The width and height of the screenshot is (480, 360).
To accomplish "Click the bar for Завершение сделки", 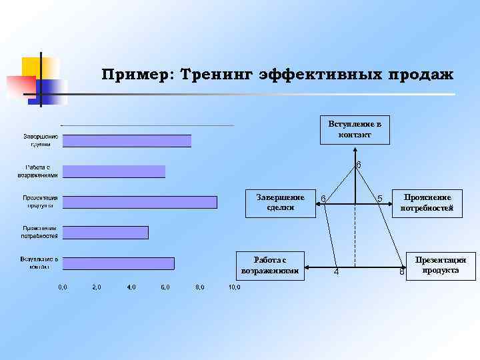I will pos(127,141).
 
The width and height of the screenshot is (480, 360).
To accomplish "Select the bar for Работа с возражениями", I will pos(114,171).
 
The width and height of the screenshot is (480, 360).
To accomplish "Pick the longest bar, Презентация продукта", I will pos(140,202).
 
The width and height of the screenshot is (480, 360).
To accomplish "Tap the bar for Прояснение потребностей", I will pos(105,233).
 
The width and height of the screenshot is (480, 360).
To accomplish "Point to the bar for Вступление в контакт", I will pos(119,263).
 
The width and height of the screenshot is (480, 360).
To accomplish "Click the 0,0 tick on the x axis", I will pos(62,287).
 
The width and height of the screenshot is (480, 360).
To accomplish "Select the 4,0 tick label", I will pos(131,287).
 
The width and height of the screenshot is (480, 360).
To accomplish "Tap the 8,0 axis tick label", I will pos(200,287).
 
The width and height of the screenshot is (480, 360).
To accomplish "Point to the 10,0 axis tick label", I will pos(234,287).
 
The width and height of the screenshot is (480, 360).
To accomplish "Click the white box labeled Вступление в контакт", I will pos(355,129).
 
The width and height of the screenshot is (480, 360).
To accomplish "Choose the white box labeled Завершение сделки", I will pos(281,202).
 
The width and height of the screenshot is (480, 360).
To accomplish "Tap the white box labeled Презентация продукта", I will pos(441,265).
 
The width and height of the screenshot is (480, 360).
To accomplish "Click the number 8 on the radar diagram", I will pos(402,272).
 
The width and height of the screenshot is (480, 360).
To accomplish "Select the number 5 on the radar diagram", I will pos(379,199).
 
